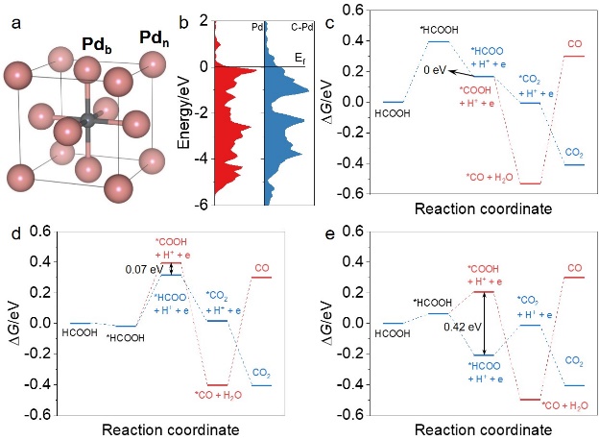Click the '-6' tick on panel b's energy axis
pos(199,205)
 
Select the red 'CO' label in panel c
pos(574,44)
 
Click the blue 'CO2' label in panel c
pos(574,152)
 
